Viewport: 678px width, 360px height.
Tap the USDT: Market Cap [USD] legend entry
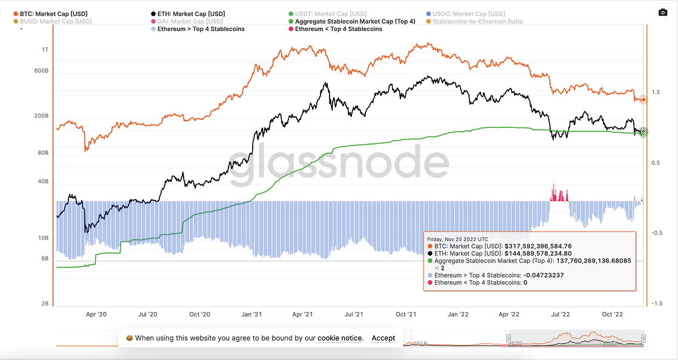point(331,13)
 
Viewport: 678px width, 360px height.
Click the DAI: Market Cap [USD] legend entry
point(188,21)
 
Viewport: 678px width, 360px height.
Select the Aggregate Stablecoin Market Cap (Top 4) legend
point(355,21)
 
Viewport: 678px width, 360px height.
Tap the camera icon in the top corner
point(662,12)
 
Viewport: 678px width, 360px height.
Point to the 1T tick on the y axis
point(45,50)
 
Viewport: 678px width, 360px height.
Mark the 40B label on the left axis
point(43,182)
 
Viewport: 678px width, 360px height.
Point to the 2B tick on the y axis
point(44,304)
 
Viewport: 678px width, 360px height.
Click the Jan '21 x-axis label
point(251,315)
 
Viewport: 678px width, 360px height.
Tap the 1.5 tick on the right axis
point(656,92)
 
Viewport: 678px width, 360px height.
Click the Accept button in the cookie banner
point(383,338)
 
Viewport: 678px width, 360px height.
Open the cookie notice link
point(339,338)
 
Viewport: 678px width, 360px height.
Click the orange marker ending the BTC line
point(643,99)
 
